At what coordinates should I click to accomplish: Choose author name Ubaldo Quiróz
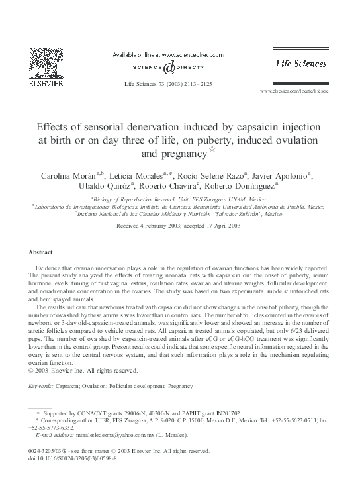coord(107,187)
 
